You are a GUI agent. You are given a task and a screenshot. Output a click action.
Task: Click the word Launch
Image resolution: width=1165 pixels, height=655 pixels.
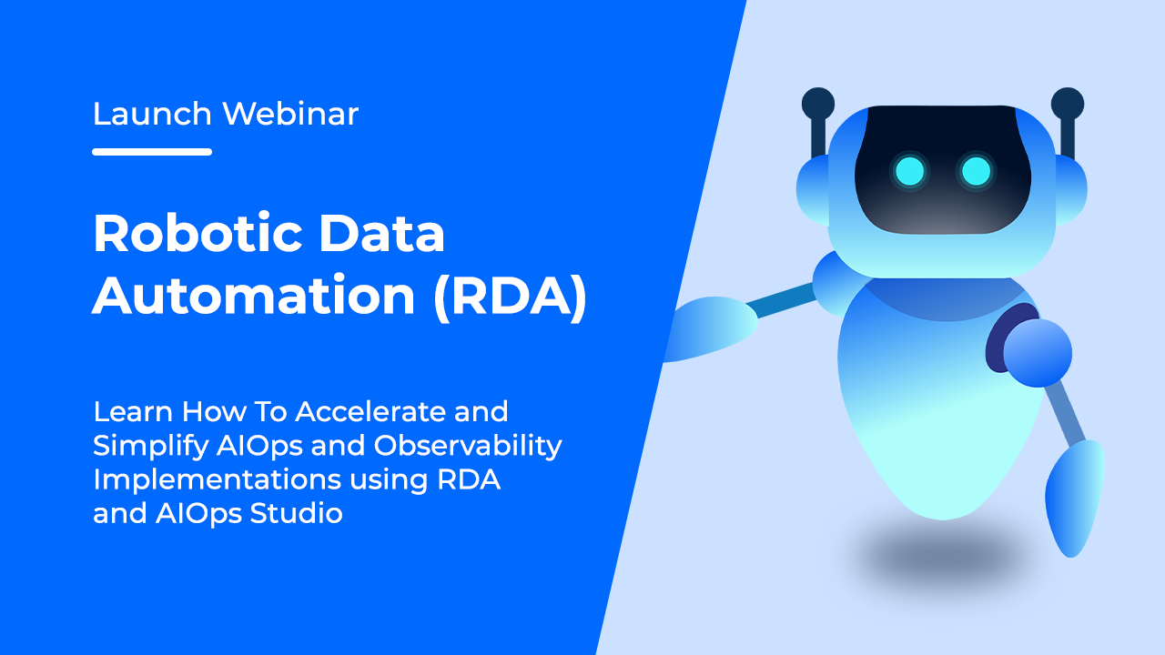point(152,114)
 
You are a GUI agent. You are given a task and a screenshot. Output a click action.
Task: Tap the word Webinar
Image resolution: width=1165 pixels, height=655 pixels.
point(290,114)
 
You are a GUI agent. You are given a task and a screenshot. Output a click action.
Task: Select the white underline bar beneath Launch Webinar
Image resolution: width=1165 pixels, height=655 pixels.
point(152,152)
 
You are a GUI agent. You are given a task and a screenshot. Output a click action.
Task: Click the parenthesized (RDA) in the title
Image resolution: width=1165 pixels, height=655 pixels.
point(510,297)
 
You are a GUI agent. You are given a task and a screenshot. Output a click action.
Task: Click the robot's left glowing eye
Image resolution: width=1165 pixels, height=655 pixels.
point(908,170)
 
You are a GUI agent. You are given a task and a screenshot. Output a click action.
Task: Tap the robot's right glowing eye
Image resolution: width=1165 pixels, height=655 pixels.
point(977,170)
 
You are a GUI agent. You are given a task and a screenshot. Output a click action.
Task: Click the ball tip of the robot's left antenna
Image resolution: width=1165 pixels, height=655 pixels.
point(818,103)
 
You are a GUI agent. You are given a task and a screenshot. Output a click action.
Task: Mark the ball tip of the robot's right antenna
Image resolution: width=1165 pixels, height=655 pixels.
point(1067,103)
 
